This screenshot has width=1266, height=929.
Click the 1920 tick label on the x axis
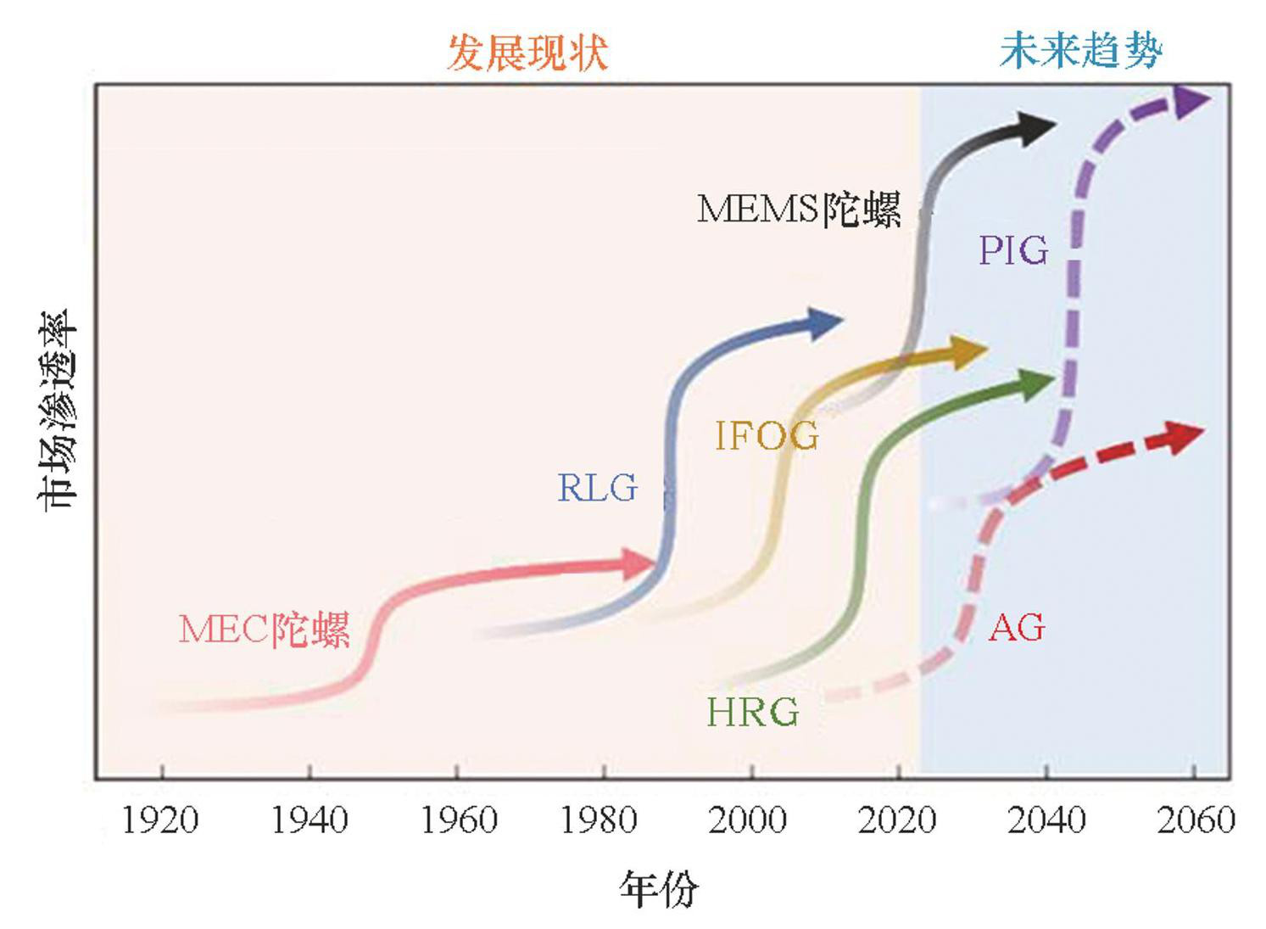(160, 820)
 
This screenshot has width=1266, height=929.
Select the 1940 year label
(309, 820)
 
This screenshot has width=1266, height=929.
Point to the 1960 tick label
(458, 820)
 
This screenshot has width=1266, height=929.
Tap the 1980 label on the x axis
(600, 820)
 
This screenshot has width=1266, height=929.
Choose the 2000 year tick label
(747, 820)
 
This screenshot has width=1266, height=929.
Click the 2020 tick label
(897, 820)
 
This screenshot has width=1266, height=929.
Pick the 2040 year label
(1046, 820)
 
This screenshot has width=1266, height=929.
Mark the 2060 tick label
(1196, 820)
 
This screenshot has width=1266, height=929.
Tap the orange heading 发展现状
(527, 53)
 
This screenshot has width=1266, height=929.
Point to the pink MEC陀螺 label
(264, 630)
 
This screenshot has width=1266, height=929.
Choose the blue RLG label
(597, 488)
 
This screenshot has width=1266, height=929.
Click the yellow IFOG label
(767, 436)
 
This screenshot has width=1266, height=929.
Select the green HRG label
(752, 713)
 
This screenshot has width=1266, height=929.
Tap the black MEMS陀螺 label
(799, 209)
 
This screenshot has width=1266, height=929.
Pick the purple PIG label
(1013, 251)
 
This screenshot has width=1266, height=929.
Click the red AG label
(1017, 629)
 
